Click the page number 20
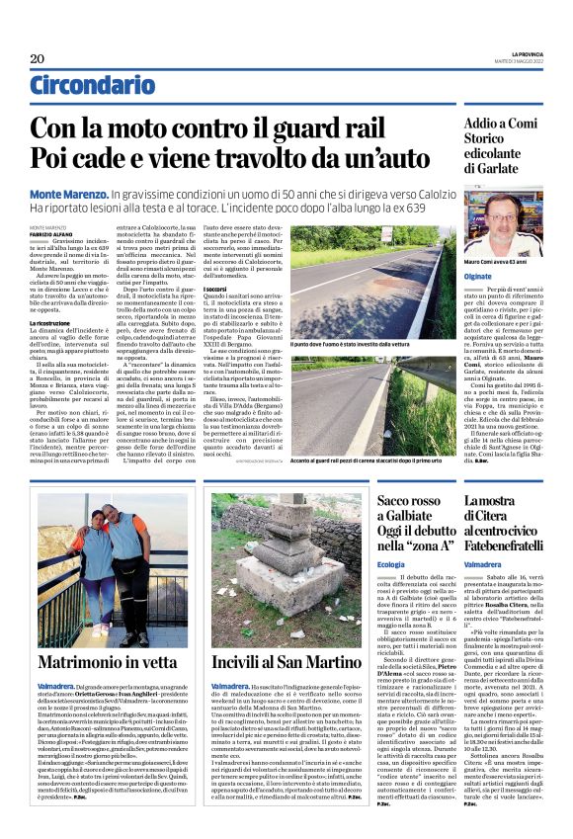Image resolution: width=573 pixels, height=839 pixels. [37, 58]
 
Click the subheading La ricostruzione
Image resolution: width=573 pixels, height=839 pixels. [48, 322]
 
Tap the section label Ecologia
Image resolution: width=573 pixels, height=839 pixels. [391, 563]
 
